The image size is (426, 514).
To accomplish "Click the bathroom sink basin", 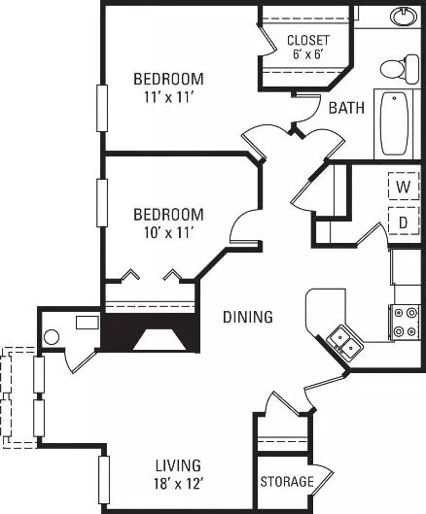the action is tap(404, 17).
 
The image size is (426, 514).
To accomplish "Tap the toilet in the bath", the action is tap(400, 69).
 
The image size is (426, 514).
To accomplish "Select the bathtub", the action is tap(394, 124).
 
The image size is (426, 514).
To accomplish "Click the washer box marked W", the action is tap(404, 187).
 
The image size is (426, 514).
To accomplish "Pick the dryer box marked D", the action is tap(404, 221).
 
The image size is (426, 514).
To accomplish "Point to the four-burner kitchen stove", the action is tap(405, 323).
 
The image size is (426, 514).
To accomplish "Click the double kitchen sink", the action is tap(346, 343).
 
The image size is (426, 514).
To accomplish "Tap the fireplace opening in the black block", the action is tap(160, 339).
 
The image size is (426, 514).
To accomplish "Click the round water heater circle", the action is tap(52, 337).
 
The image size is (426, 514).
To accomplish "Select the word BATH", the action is tap(346, 108).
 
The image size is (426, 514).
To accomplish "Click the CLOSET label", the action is tap(308, 40).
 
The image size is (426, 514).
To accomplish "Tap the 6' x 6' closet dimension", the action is tap(308, 53).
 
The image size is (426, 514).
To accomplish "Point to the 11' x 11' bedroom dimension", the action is tap(168, 97).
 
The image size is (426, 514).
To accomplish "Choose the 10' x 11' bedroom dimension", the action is tap(168, 233).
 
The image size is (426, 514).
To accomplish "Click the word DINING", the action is tap(248, 317).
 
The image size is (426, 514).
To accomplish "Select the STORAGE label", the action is tap(287, 481).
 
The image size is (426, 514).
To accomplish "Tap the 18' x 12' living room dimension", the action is tap(179, 483).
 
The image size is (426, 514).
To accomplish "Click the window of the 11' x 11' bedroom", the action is tap(102, 108).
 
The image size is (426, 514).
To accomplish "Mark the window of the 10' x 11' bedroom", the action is tap(102, 202).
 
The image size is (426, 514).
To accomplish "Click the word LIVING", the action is tap(178, 465).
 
